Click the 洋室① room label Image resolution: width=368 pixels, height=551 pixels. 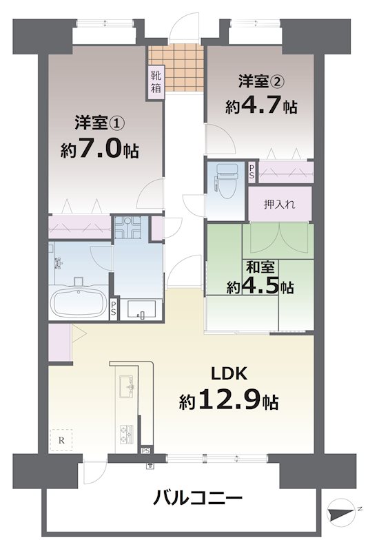pos(99,124)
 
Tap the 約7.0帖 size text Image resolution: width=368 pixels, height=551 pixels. pos(99,149)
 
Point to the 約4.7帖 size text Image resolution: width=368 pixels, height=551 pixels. pos(261,107)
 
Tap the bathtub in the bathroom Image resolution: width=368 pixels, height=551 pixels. pos(79,301)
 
